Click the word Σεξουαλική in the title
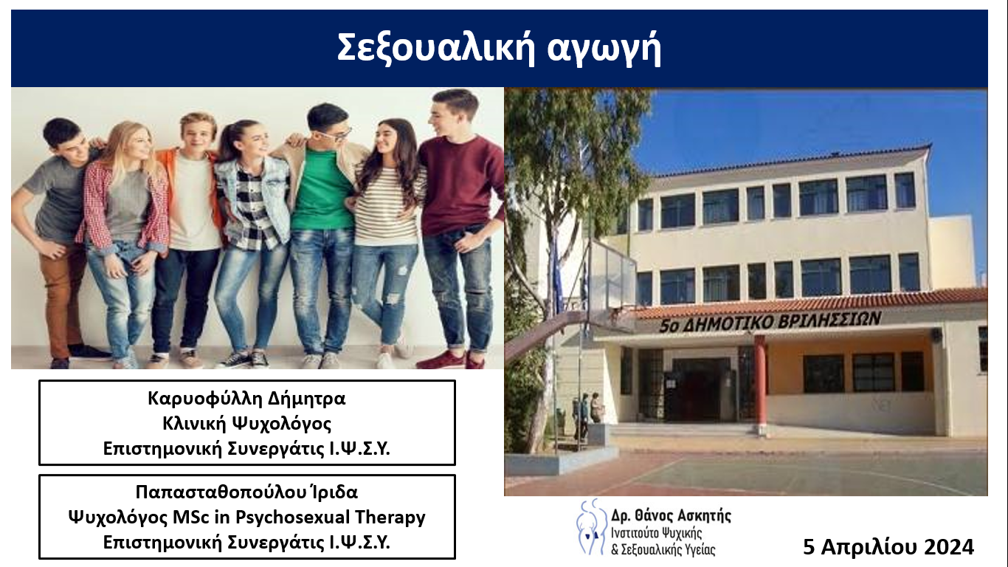coord(436,49)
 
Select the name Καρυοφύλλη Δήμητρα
coord(246,399)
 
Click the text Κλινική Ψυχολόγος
coord(246,423)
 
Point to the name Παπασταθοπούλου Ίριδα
coord(246,492)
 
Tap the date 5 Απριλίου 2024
coord(888,547)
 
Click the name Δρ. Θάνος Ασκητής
coord(671,515)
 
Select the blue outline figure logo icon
coord(591,527)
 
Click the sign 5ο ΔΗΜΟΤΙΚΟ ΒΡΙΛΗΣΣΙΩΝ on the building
coord(770,322)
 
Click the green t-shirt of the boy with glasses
coord(322,189)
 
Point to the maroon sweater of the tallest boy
coord(461,185)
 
